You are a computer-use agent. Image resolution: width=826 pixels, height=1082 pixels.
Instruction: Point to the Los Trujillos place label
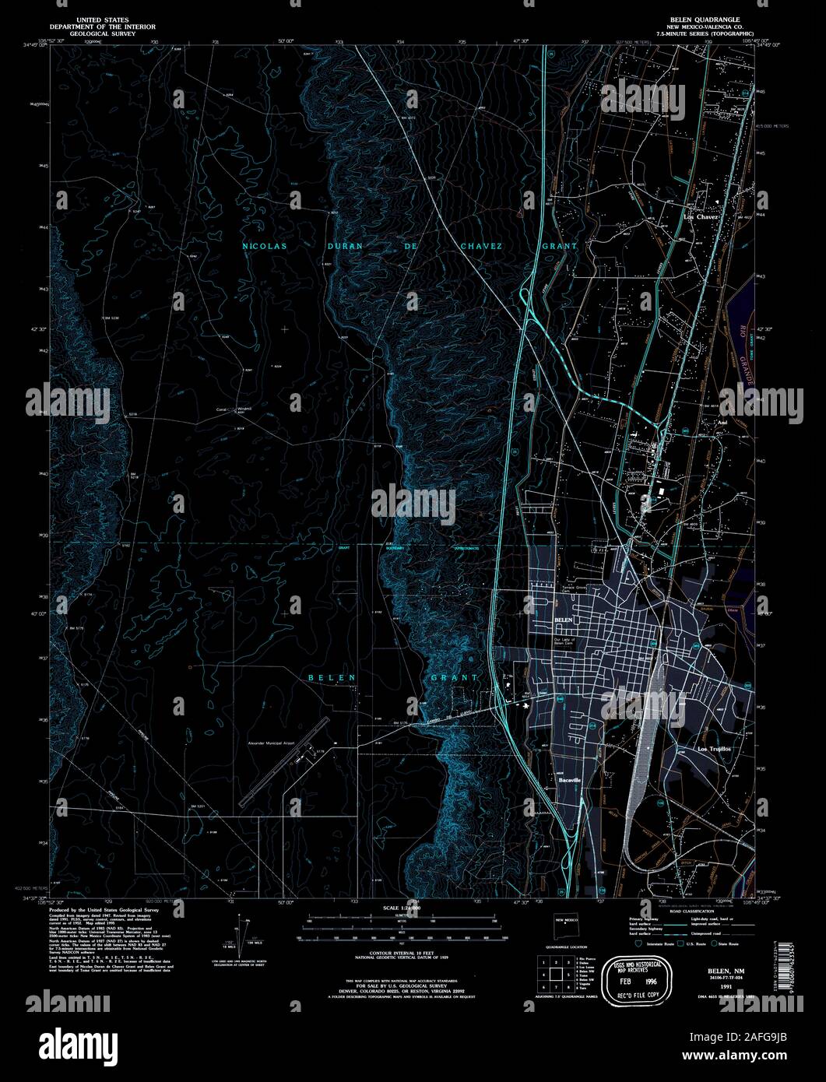tap(715, 748)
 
